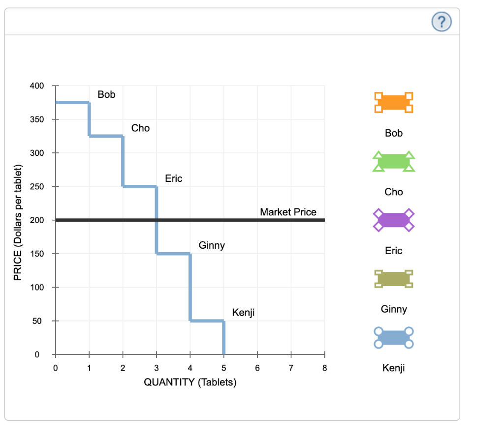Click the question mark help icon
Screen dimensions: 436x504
click(441, 21)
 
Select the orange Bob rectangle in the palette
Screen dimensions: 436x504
click(393, 102)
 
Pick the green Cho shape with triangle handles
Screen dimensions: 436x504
click(393, 161)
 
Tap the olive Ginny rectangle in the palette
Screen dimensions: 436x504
click(393, 279)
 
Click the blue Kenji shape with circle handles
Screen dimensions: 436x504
click(393, 338)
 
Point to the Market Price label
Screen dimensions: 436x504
click(288, 212)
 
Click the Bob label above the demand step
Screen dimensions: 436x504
click(106, 94)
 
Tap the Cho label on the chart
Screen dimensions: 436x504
click(140, 128)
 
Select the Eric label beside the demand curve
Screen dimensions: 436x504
click(173, 178)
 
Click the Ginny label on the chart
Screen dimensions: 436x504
click(212, 245)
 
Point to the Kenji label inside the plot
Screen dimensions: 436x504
click(243, 313)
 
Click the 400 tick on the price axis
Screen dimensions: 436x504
click(36, 86)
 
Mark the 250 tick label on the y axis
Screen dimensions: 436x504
click(36, 186)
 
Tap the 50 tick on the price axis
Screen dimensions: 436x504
click(39, 321)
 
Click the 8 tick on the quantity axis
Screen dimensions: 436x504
click(324, 367)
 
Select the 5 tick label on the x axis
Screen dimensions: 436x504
click(223, 367)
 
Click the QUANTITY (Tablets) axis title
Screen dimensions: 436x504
click(190, 382)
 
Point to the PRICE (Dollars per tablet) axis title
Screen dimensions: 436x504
click(18, 220)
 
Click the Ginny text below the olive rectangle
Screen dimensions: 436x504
click(394, 309)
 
